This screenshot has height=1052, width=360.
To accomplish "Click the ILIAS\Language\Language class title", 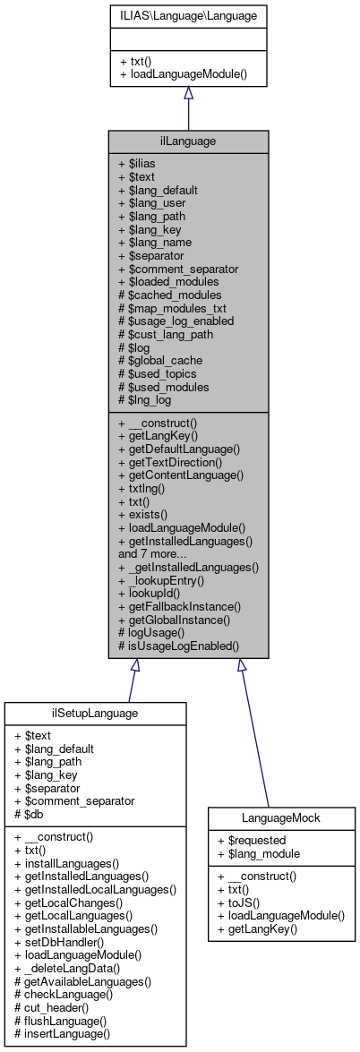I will pyautogui.click(x=188, y=15).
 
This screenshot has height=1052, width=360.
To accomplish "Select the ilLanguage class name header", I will pyautogui.click(x=188, y=141).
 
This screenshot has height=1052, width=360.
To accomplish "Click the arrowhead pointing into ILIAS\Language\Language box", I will pyautogui.click(x=188, y=92).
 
